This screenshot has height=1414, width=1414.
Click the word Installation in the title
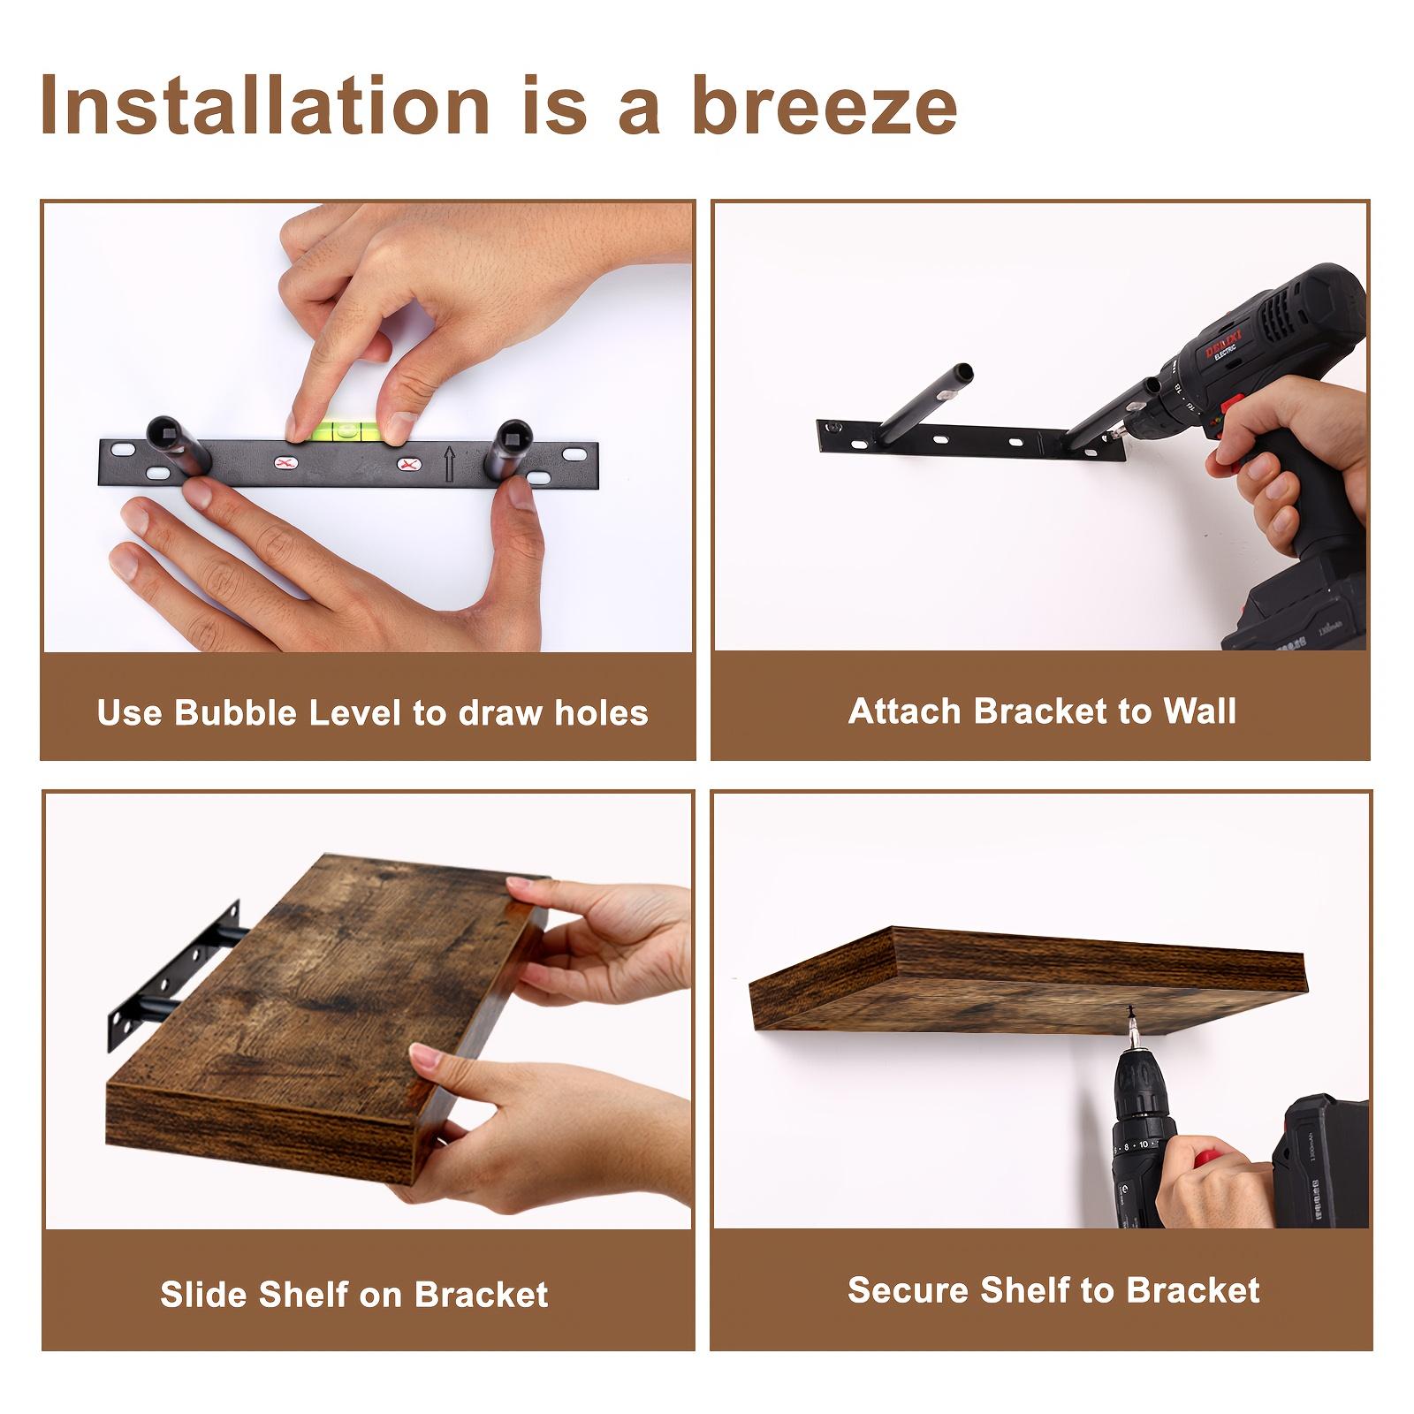click(265, 106)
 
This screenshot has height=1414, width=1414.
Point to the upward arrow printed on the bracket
click(450, 463)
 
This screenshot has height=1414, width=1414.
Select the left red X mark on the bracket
click(284, 463)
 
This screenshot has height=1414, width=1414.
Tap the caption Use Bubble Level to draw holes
click(372, 712)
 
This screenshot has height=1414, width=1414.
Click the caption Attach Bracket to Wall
click(1042, 711)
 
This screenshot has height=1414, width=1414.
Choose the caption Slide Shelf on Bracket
click(354, 1294)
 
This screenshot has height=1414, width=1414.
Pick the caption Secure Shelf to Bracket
click(1053, 1290)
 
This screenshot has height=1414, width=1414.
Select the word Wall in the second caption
click(1199, 711)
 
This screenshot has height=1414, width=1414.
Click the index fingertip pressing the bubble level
click(295, 427)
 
